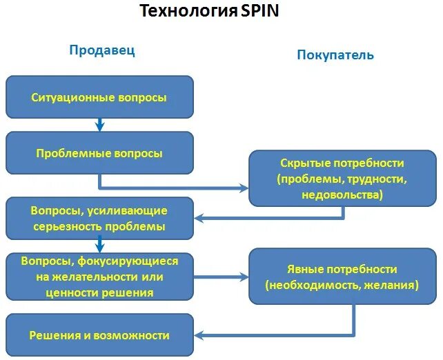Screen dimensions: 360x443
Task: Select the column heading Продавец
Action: (101, 50)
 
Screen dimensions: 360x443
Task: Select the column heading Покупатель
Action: (335, 54)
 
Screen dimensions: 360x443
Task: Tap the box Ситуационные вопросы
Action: (99, 97)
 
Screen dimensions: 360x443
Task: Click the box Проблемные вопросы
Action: (99, 153)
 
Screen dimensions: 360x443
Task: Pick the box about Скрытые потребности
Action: (342, 179)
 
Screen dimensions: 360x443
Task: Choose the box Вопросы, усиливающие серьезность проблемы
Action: (99, 218)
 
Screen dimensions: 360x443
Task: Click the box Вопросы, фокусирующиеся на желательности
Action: (99, 277)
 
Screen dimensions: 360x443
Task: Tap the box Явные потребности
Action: (342, 277)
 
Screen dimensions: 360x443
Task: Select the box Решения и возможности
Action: (99, 335)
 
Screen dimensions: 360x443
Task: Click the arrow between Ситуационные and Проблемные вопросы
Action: (99, 125)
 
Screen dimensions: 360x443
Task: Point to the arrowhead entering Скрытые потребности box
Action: (244, 187)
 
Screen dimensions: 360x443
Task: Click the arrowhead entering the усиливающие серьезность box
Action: (199, 218)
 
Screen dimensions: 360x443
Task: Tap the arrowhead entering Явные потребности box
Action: (244, 277)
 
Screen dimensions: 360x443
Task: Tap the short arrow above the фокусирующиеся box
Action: (99, 244)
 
